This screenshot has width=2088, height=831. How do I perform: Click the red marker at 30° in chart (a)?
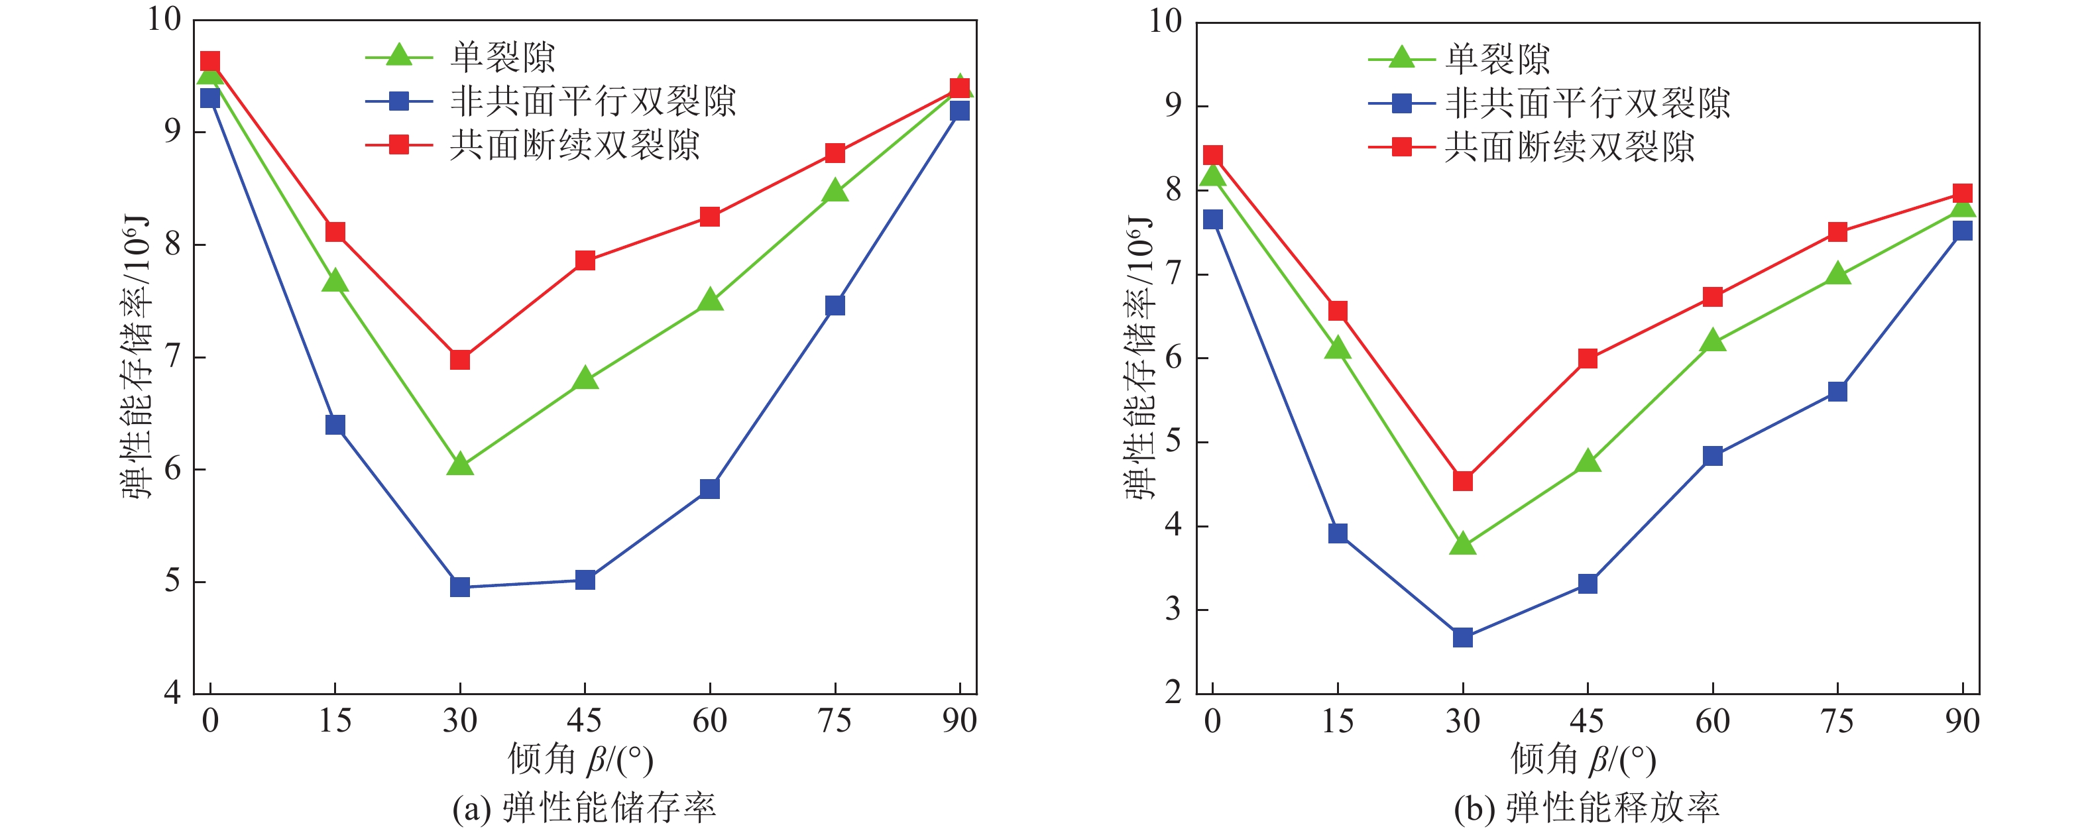pos(459,359)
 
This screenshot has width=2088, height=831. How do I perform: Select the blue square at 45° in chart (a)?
pos(585,580)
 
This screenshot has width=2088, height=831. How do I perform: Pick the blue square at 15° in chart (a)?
pos(335,425)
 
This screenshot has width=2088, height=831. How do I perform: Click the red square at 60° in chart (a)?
pos(710,217)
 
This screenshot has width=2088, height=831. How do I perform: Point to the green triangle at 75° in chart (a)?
pos(835,192)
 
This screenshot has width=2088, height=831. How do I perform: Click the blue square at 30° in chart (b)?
pos(1462,637)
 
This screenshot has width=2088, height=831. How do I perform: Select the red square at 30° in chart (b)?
pos(1462,480)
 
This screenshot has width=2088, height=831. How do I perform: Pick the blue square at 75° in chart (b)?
pos(1837,392)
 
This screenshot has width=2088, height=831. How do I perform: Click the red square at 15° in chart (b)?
pos(1338,311)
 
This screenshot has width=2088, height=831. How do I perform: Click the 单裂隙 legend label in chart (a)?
pos(502,57)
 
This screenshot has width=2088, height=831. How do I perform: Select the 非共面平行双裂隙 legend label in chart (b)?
pos(1587,103)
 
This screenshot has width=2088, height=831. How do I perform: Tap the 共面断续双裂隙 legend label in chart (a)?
pos(575,146)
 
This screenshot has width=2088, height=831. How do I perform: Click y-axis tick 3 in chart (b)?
pos(1173,610)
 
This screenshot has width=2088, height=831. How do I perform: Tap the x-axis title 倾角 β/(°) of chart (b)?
pos(1583,759)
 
